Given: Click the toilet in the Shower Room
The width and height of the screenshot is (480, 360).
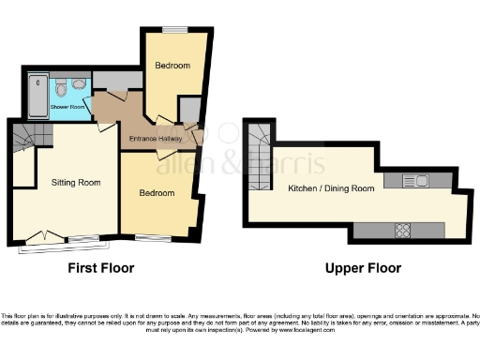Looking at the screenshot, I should [x=60, y=90].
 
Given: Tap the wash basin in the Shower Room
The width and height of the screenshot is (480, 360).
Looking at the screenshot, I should [x=79, y=84].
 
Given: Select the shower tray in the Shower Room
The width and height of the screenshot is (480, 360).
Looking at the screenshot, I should [x=37, y=95].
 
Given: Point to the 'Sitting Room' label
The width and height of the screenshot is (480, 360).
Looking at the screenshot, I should [x=75, y=182].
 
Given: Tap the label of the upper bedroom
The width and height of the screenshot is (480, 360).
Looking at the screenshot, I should [x=172, y=66].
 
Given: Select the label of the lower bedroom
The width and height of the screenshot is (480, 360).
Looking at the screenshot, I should [x=157, y=193].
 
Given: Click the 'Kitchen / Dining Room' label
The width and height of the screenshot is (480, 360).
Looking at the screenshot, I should [x=331, y=188].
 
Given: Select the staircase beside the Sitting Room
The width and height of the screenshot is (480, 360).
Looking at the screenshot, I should [x=28, y=140].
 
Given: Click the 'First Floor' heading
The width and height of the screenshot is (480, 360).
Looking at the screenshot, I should [x=101, y=268].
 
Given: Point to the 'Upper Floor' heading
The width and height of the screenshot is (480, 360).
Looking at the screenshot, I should [x=363, y=268].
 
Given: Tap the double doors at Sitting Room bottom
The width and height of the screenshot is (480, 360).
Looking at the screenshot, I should [x=41, y=238].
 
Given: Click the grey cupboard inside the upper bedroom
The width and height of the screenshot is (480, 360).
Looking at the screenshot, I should [x=188, y=110].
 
